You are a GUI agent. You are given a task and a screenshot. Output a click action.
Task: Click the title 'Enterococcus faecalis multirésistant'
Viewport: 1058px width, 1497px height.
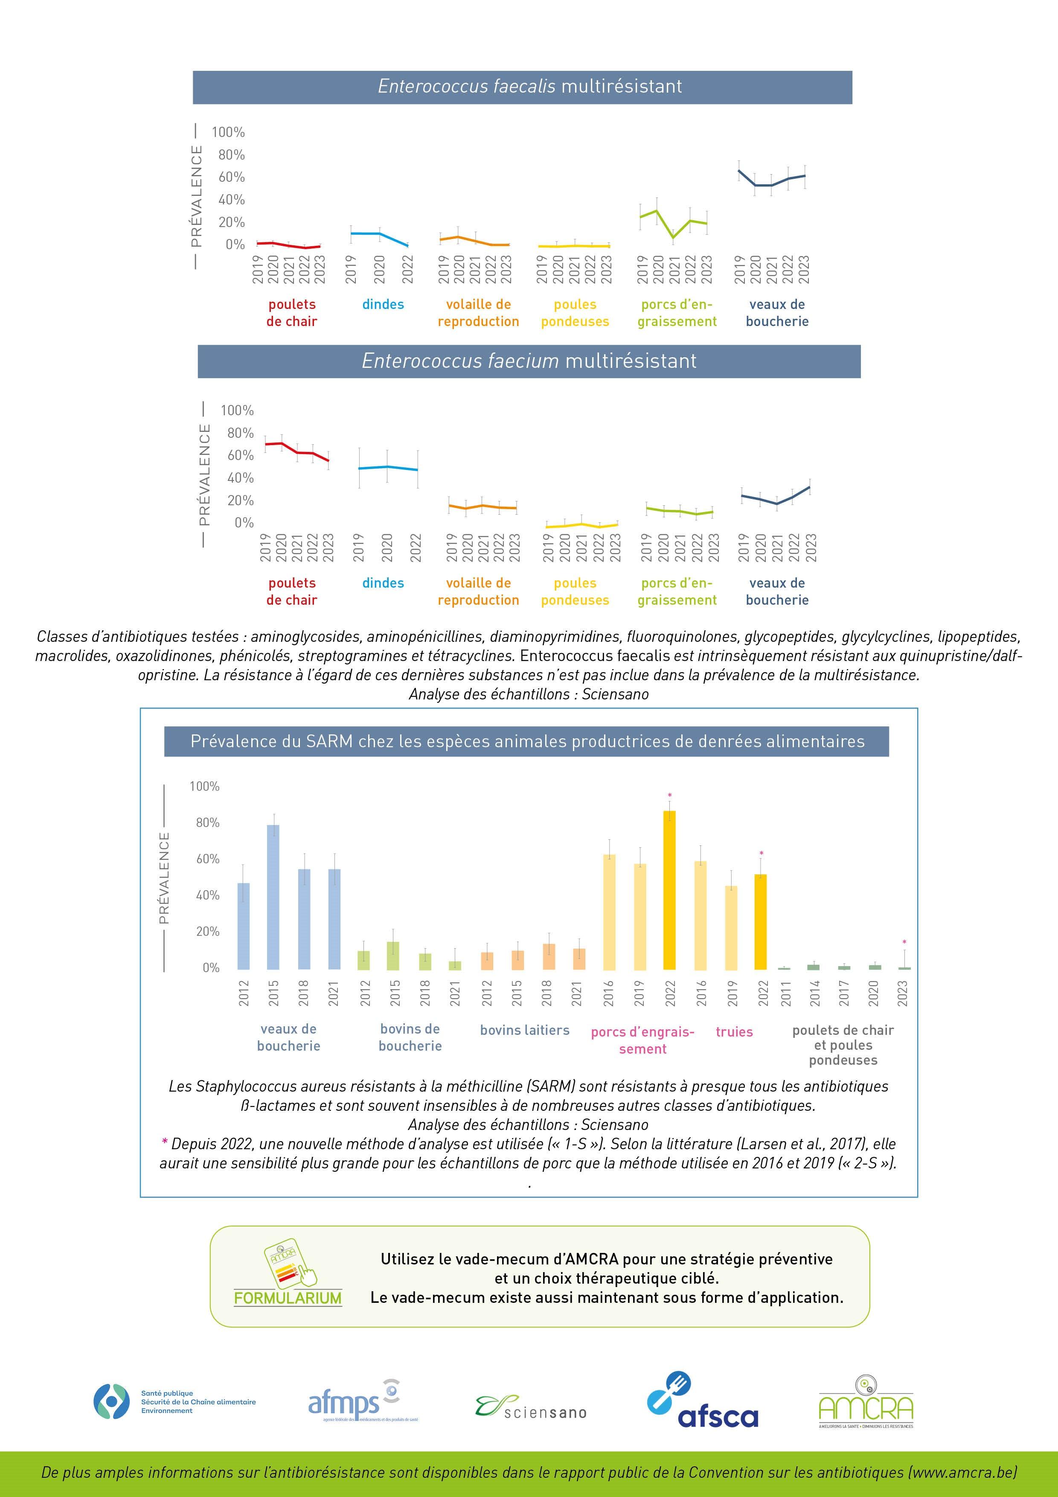coord(529,87)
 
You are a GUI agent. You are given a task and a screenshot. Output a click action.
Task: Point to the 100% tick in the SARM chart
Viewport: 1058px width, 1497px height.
coord(204,786)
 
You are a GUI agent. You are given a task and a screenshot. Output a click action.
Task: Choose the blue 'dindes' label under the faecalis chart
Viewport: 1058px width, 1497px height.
coord(383,305)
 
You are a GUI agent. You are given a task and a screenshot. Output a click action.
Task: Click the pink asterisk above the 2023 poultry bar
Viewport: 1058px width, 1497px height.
coord(904,942)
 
